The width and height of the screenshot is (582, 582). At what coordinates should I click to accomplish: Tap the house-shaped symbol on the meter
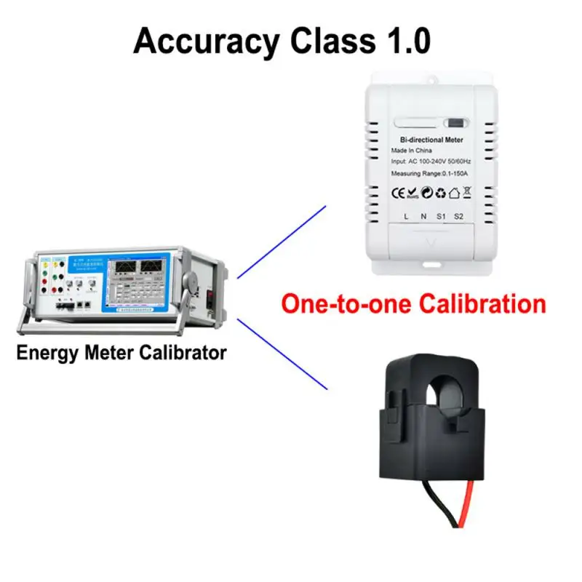pos(455,193)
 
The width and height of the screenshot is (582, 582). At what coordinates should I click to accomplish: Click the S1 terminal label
pos(441,216)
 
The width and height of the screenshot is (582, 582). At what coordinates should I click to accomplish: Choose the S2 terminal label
pos(458,216)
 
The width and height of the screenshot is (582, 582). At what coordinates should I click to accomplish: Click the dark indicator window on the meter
pos(454,124)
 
